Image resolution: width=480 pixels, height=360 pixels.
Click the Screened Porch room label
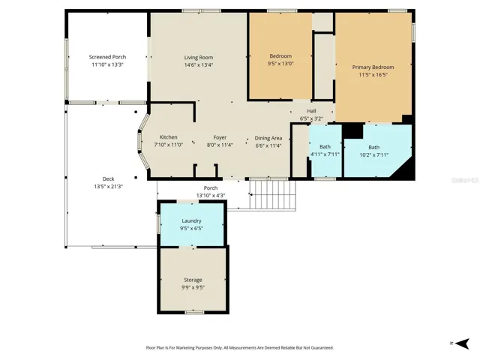pos(107,57)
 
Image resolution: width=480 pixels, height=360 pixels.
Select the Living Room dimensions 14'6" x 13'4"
pos(199,65)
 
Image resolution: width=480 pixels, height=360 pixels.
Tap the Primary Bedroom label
pos(373,67)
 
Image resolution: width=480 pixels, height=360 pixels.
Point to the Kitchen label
pos(168,137)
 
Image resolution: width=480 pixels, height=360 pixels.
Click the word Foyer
pos(220,138)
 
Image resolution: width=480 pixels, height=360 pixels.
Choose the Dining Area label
pos(268,138)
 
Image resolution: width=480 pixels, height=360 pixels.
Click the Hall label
pos(311,111)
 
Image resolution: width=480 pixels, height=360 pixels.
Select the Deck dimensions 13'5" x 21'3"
pos(108,187)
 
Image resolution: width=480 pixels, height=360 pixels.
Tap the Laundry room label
pos(192,221)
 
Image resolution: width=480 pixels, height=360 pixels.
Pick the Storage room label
pos(193,280)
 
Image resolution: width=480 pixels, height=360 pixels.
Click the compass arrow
pos(462,343)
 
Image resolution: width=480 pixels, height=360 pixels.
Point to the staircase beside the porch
pos(273,195)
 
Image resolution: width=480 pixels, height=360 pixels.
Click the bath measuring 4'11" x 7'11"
pos(325,151)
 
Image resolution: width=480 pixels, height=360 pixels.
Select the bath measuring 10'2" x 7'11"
pos(373,151)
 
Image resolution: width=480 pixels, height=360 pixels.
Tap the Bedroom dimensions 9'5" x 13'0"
pos(280,64)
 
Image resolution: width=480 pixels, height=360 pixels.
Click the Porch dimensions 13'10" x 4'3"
pos(211,196)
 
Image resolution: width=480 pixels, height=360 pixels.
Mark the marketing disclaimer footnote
pos(240,348)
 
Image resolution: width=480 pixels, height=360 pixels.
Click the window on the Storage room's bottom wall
pos(195,312)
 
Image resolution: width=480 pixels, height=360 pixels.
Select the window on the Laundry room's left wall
pos(158,223)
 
